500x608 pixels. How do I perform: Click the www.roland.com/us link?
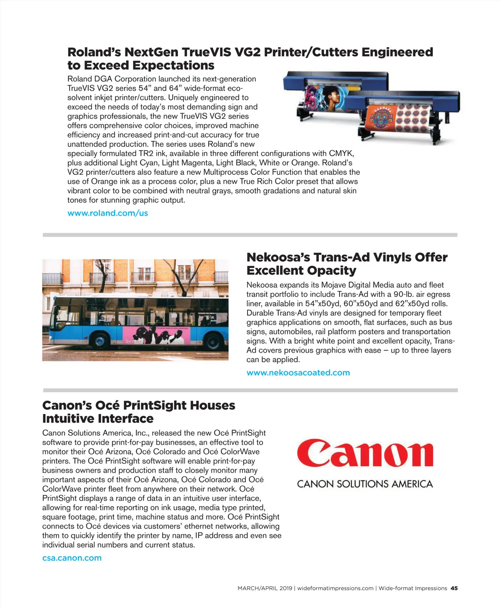(107, 213)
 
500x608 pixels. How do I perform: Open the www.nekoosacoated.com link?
(298, 373)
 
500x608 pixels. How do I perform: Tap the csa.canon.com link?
(72, 558)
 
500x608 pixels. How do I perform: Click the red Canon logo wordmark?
(365, 454)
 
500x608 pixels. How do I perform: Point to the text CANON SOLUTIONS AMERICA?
(365, 484)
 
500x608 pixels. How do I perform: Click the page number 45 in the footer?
(454, 588)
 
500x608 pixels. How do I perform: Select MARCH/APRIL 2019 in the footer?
(265, 588)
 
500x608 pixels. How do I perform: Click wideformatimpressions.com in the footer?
(335, 588)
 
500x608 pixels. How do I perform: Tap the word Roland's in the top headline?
(94, 52)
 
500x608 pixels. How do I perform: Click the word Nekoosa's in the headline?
(278, 257)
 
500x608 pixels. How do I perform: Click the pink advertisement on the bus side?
(156, 335)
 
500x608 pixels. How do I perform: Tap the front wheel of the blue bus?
(100, 341)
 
